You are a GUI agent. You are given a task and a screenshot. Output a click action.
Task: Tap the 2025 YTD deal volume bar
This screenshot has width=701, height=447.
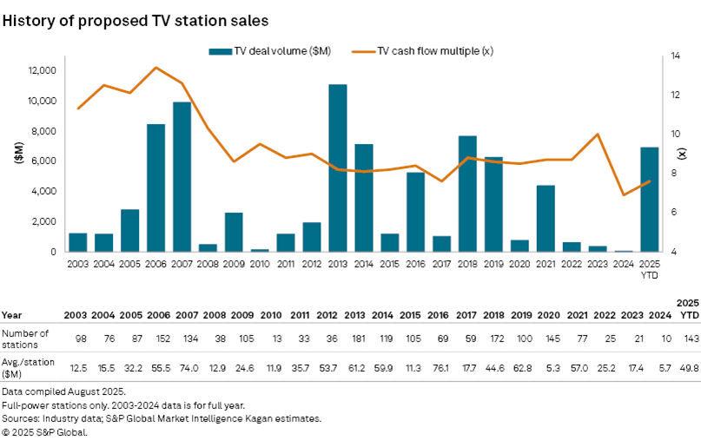[649, 199]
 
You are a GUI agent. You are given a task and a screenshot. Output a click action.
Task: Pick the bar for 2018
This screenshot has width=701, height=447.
[467, 194]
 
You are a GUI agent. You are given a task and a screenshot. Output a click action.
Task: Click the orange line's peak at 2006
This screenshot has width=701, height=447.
[155, 68]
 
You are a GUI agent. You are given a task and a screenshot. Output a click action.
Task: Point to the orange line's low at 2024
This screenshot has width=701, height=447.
[623, 194]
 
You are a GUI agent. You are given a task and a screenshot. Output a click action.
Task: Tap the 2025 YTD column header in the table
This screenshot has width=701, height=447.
[688, 307]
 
